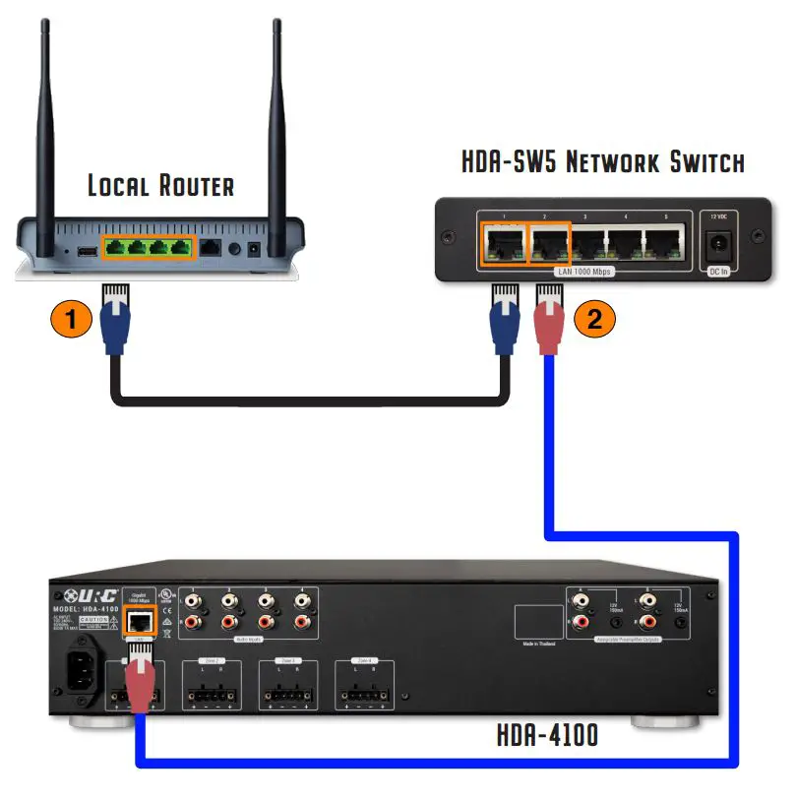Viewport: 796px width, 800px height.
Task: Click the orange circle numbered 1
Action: (x=71, y=320)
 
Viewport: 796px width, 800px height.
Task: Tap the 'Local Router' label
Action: (x=160, y=185)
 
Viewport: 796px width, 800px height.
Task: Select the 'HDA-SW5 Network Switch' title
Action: (x=603, y=162)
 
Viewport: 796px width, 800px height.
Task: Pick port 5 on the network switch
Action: (x=662, y=241)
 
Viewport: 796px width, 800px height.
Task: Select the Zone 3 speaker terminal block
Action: (x=286, y=684)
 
